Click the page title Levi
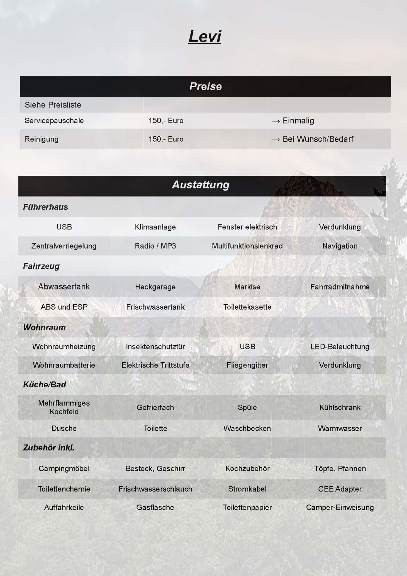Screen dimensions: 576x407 pyautogui.click(x=205, y=37)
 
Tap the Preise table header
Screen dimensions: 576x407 pyautogui.click(x=205, y=86)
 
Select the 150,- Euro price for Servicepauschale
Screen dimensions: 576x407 pyautogui.click(x=166, y=121)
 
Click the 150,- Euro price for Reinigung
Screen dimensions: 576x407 pyautogui.click(x=166, y=139)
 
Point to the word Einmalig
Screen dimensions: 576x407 pyautogui.click(x=298, y=121)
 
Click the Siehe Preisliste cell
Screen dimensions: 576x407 pyautogui.click(x=53, y=105)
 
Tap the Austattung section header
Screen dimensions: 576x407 pyautogui.click(x=201, y=185)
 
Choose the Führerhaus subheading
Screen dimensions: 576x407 pyautogui.click(x=46, y=207)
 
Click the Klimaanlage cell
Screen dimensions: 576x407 pyautogui.click(x=155, y=227)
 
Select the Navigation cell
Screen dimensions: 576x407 pyautogui.click(x=340, y=246)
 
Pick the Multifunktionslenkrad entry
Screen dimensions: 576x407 pyautogui.click(x=247, y=246)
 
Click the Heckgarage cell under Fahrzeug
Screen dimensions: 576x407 pyautogui.click(x=155, y=287)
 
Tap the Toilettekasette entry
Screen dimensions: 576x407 pyautogui.click(x=247, y=307)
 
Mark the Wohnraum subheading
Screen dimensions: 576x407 pyautogui.click(x=44, y=327)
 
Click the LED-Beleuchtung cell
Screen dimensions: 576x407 pyautogui.click(x=340, y=347)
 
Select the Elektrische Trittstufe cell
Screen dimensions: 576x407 pyautogui.click(x=155, y=365)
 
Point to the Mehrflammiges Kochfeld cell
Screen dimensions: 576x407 pyautogui.click(x=64, y=407)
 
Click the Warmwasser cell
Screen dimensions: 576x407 pyautogui.click(x=340, y=428)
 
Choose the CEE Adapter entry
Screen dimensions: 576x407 pyautogui.click(x=340, y=489)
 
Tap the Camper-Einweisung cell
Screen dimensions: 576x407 pyautogui.click(x=340, y=507)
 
